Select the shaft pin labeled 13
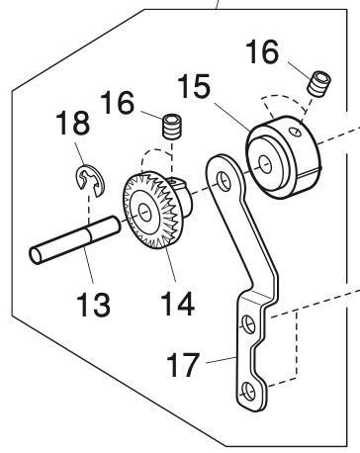pyautogui.click(x=73, y=243)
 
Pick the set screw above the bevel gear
pyautogui.click(x=172, y=128)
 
